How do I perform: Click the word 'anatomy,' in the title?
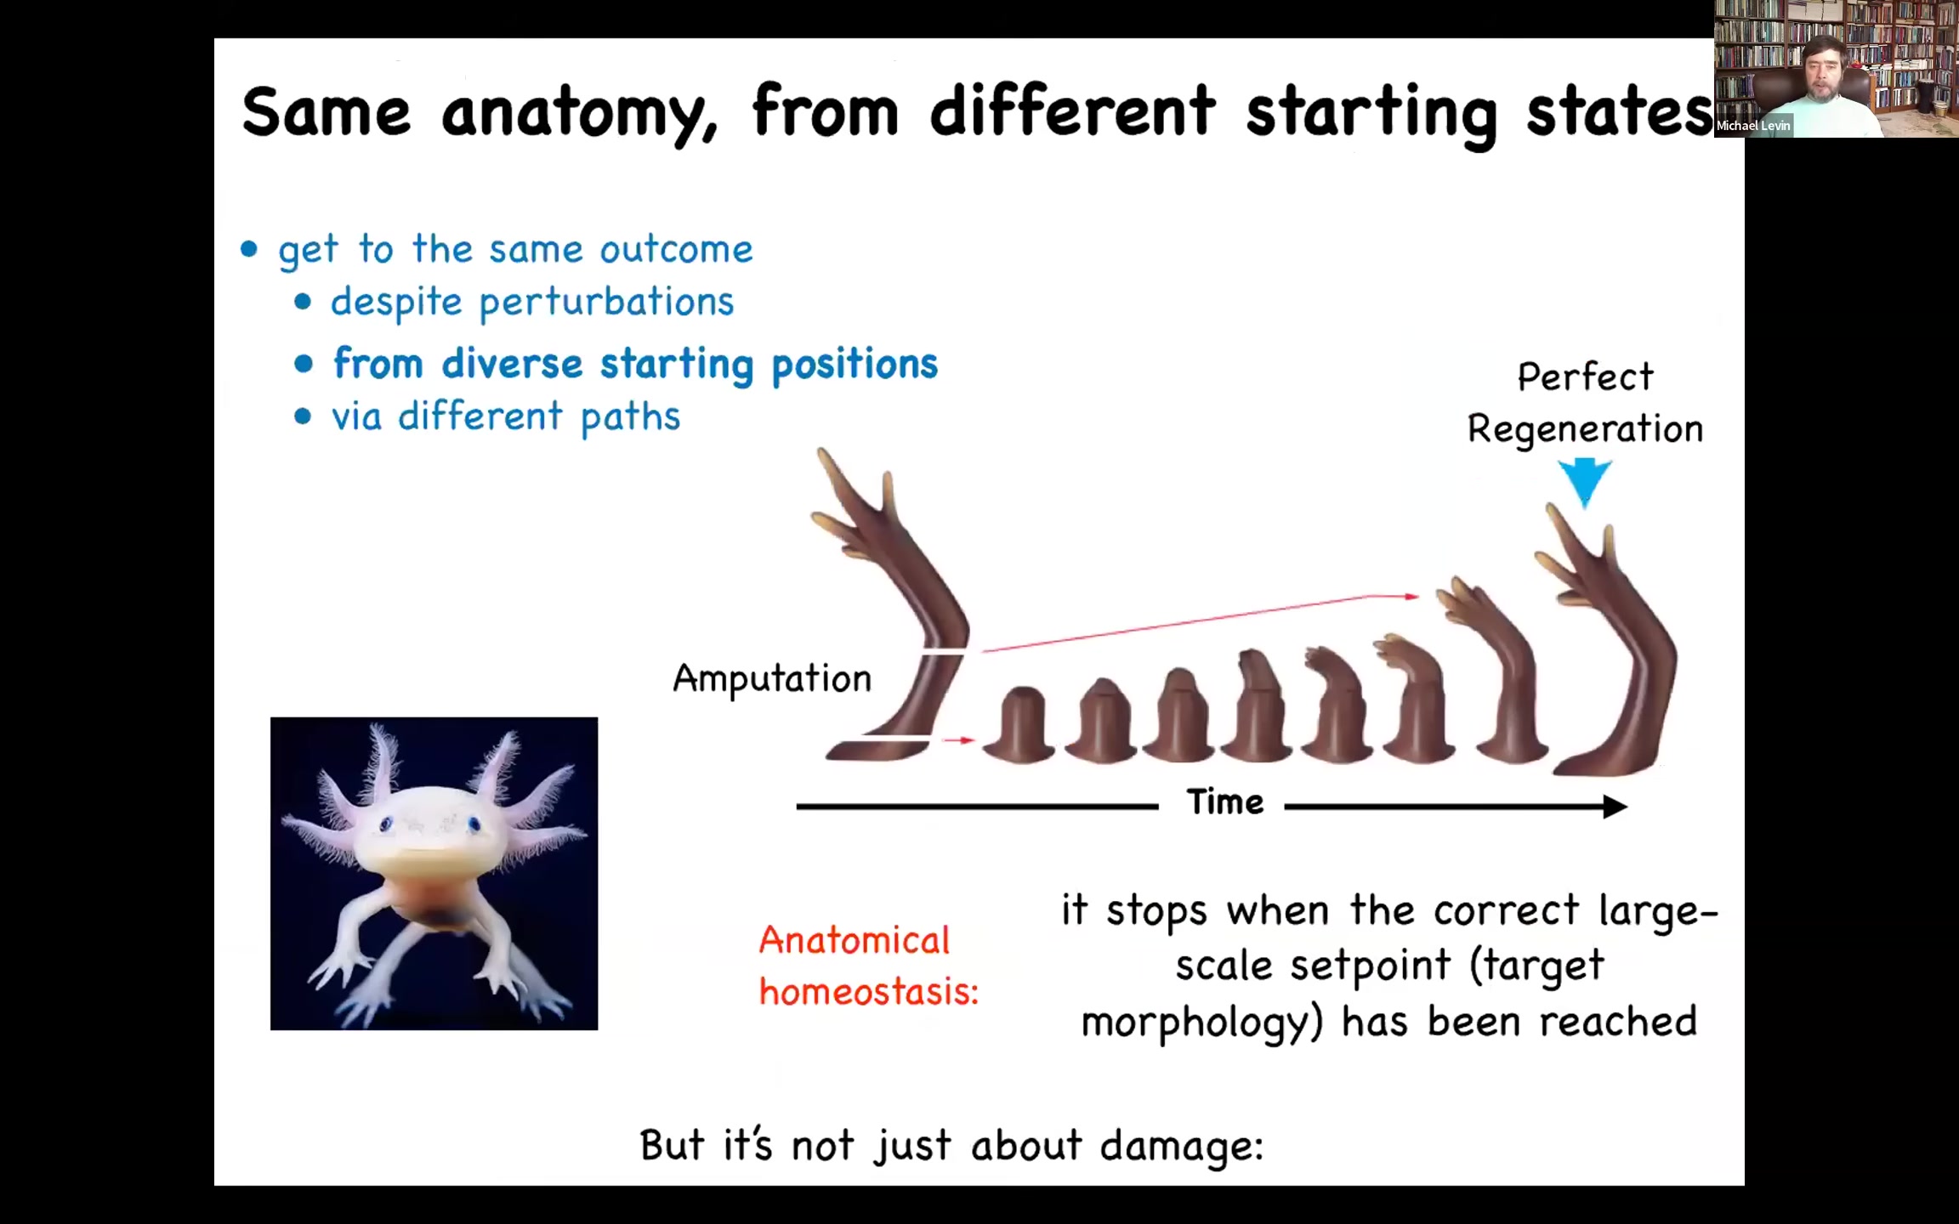click(x=579, y=114)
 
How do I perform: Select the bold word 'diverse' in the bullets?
click(x=512, y=363)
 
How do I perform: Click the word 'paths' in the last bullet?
click(x=631, y=417)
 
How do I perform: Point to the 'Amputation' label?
click(x=772, y=679)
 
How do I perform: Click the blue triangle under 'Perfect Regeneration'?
click(x=1585, y=480)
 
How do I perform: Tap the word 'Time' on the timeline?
click(x=1225, y=802)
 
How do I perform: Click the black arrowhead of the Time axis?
click(x=1615, y=806)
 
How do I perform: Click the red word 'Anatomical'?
click(x=854, y=940)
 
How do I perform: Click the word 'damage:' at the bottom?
click(x=1182, y=1145)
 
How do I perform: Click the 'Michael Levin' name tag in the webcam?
click(x=1753, y=126)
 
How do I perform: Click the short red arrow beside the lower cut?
click(x=959, y=740)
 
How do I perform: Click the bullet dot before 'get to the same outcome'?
click(x=249, y=249)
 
